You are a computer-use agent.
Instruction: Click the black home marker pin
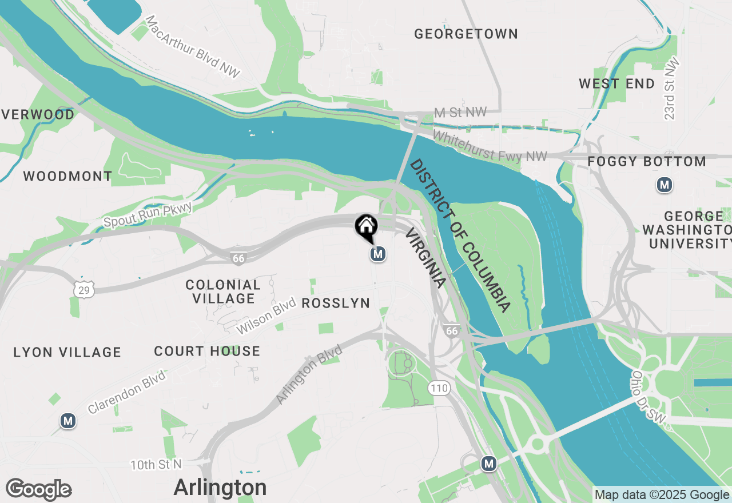(366, 227)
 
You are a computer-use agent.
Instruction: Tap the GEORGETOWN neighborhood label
(466, 34)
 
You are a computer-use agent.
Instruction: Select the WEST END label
(616, 84)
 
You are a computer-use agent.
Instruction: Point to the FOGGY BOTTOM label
(647, 162)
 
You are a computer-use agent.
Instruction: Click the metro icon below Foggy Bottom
(664, 185)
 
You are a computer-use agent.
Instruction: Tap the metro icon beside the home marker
(377, 254)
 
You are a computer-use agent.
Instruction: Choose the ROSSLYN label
(336, 304)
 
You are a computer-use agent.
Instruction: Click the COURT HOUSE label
(207, 352)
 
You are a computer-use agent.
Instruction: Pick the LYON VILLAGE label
(67, 353)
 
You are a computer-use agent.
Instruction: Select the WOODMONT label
(67, 177)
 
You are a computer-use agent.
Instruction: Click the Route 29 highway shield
(84, 290)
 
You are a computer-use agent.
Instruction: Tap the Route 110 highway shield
(439, 389)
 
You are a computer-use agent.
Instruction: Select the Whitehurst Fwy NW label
(490, 147)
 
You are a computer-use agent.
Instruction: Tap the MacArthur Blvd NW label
(193, 47)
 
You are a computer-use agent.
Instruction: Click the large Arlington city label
(220, 488)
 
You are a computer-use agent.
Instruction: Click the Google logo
(38, 490)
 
